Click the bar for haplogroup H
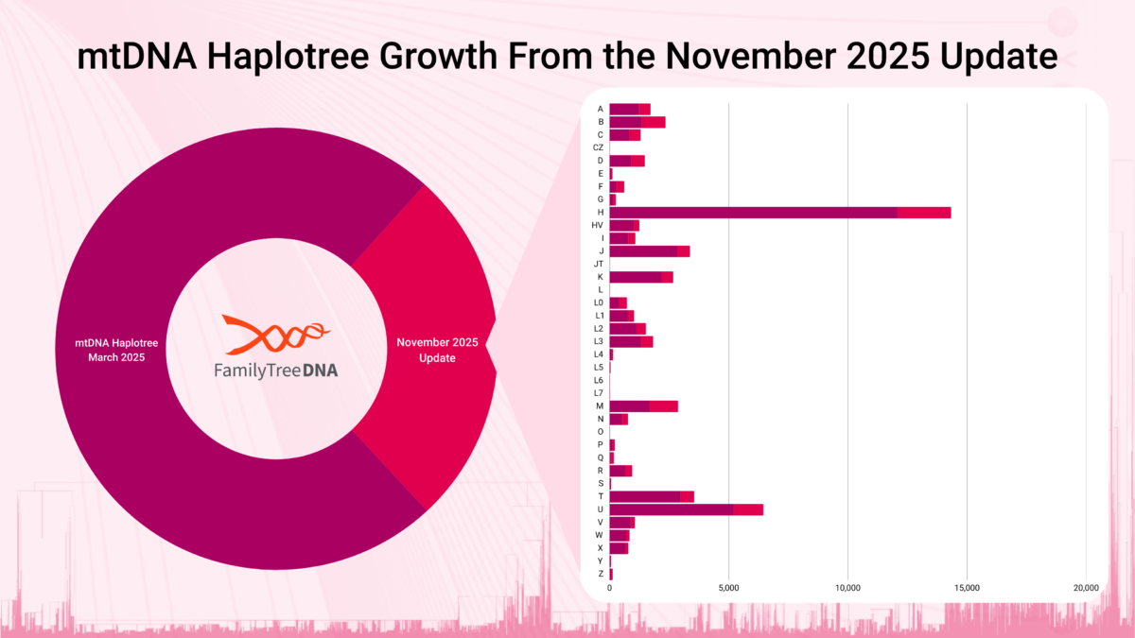pyautogui.click(x=779, y=212)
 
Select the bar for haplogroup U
pyautogui.click(x=686, y=509)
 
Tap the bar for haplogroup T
pyautogui.click(x=652, y=496)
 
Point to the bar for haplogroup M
pyautogui.click(x=643, y=405)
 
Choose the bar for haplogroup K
pyautogui.click(x=640, y=276)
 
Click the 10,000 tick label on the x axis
pyautogui.click(x=847, y=588)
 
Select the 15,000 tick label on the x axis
pyautogui.click(x=967, y=588)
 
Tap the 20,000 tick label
pyautogui.click(x=1085, y=588)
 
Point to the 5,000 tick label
pyautogui.click(x=728, y=588)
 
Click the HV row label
pyautogui.click(x=598, y=225)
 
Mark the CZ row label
pyautogui.click(x=598, y=147)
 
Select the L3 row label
pyautogui.click(x=599, y=341)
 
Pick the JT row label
pyautogui.click(x=598, y=264)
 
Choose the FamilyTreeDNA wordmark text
pyautogui.click(x=275, y=371)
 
